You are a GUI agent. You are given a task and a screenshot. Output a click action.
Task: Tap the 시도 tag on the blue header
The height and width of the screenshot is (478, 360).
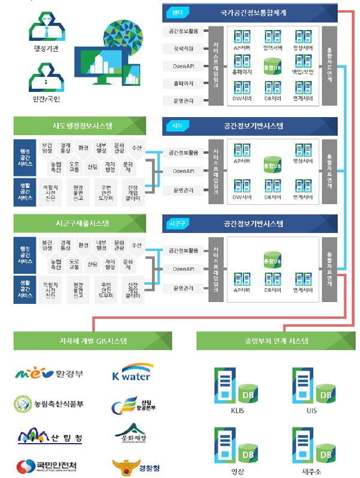coord(177,126)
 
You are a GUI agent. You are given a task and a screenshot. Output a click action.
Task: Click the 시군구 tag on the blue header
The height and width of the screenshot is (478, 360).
coord(177,224)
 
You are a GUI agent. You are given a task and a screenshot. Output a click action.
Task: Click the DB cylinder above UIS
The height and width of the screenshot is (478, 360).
coord(325,395)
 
